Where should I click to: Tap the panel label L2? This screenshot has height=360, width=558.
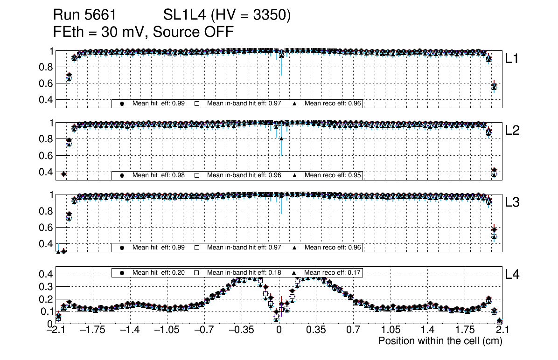[513, 131]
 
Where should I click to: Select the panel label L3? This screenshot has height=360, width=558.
[513, 202]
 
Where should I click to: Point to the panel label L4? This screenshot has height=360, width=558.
[513, 275]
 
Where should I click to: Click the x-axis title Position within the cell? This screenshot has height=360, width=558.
[440, 341]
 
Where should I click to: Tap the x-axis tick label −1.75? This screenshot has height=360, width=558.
[92, 330]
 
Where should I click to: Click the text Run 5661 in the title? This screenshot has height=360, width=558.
[84, 15]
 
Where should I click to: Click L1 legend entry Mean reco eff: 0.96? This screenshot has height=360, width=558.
[333, 104]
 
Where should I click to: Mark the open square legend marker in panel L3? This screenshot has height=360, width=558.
[197, 247]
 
